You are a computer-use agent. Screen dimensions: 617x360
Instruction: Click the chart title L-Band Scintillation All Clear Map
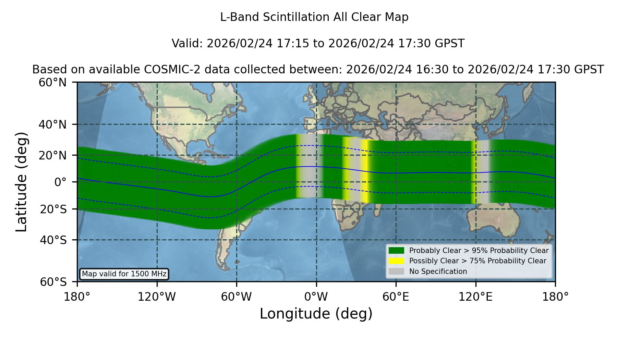[314, 17]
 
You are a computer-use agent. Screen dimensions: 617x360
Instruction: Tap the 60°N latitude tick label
[52, 83]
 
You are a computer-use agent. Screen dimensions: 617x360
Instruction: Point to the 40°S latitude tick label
[53, 240]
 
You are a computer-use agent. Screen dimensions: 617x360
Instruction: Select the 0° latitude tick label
[60, 182]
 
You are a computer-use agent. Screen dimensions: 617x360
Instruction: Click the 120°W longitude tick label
[157, 297]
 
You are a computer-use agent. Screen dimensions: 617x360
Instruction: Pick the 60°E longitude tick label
[396, 297]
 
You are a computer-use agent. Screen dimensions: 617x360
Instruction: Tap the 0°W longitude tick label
[316, 297]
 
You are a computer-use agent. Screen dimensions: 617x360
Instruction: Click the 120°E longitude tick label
[475, 297]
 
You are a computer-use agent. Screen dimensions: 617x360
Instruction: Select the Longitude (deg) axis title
[316, 314]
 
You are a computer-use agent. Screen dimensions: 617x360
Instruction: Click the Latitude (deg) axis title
[21, 182]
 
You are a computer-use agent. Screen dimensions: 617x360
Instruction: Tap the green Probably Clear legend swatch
[397, 251]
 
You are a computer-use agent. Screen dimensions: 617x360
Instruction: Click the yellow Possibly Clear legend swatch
[397, 261]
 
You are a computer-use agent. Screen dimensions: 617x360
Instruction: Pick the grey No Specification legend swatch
[397, 272]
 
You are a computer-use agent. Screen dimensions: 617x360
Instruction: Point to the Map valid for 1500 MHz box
[124, 274]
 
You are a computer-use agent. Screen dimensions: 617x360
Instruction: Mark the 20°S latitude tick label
[53, 209]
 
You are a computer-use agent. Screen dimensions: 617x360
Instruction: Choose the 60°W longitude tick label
[237, 297]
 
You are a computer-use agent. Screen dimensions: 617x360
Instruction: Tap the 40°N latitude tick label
[52, 124]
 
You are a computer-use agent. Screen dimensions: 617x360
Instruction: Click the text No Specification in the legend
[438, 272]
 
